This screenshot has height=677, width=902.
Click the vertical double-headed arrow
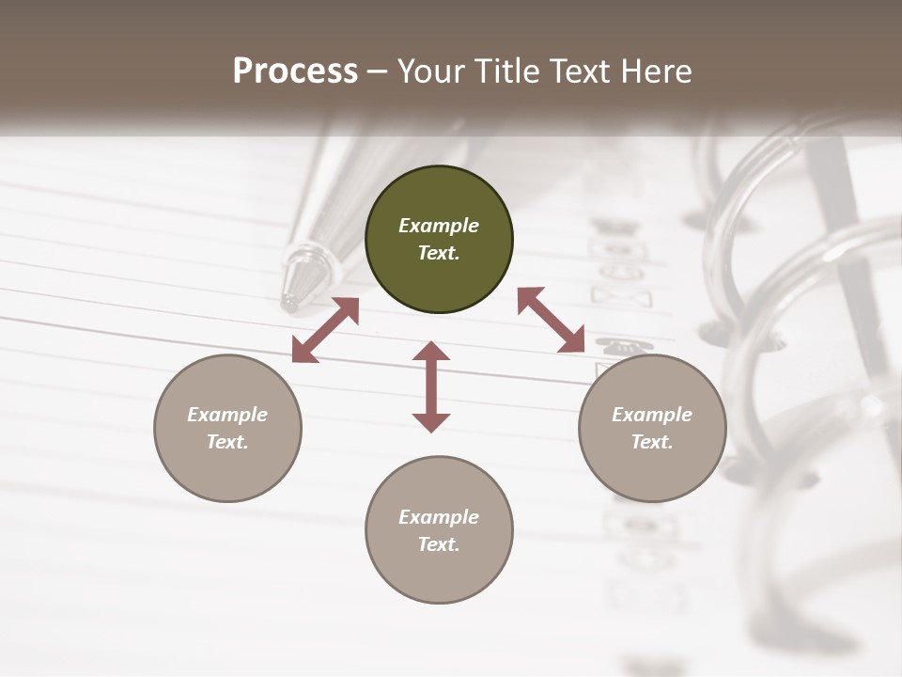click(x=431, y=386)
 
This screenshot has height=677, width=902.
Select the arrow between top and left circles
click(x=326, y=329)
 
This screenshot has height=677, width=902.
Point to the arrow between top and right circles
click(x=551, y=320)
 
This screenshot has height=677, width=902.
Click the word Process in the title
click(x=295, y=71)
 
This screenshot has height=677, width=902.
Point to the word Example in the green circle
click(x=439, y=226)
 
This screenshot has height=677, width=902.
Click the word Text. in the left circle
click(x=227, y=442)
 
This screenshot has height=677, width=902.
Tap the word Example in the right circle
click(x=652, y=415)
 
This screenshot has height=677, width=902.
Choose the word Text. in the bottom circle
click(x=439, y=544)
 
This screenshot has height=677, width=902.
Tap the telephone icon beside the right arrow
click(x=615, y=344)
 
